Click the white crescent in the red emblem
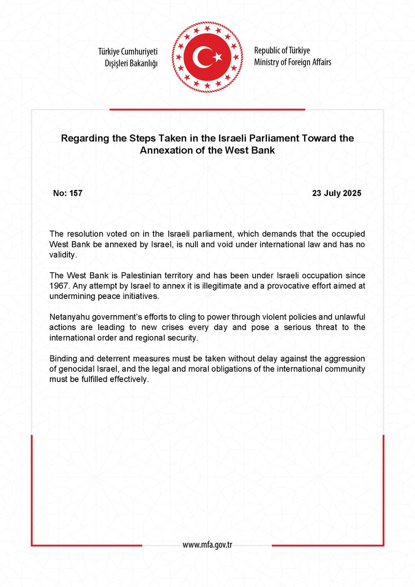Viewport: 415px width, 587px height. [202, 58]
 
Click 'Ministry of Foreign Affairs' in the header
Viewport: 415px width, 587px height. [292, 62]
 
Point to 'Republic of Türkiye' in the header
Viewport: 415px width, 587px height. [282, 50]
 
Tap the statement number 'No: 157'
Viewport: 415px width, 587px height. [67, 193]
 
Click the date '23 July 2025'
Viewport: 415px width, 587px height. [336, 193]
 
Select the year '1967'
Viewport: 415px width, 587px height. [59, 287]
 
